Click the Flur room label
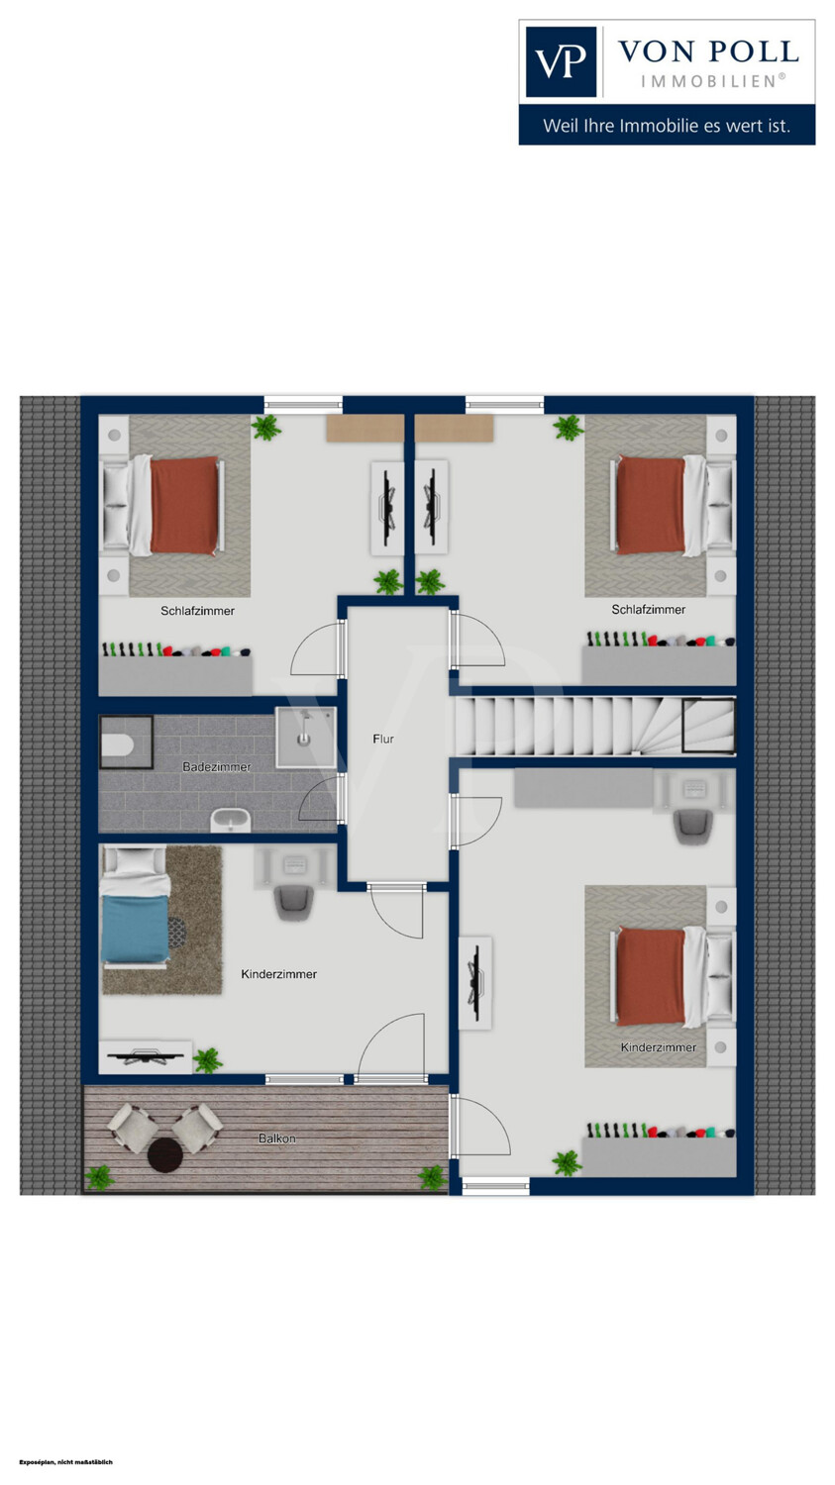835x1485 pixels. [383, 739]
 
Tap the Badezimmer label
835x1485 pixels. [217, 767]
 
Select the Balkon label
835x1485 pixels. [277, 1138]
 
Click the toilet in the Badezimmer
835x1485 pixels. [118, 745]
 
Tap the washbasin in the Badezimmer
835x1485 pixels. [230, 821]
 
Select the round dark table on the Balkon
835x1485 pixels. [164, 1155]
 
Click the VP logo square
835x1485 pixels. [561, 61]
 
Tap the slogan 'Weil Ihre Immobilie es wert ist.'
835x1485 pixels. [667, 126]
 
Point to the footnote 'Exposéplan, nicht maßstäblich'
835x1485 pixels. [65, 1462]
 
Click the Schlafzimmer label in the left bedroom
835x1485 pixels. [198, 611]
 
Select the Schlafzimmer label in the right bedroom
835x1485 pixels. [649, 609]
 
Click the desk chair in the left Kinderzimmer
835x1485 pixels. [293, 901]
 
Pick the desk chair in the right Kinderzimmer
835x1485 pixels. [692, 826]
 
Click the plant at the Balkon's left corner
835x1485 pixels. [99, 1177]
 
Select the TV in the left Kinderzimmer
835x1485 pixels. [146, 1056]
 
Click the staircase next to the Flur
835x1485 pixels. [595, 726]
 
